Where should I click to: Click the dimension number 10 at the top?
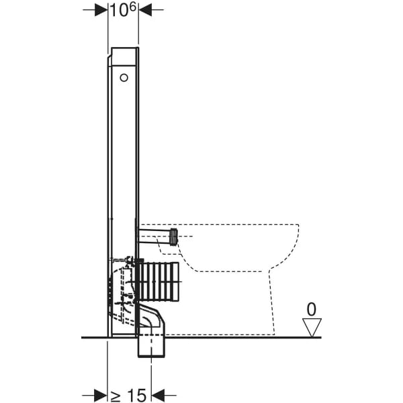[x=119, y=11]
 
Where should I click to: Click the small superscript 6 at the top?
[x=132, y=7]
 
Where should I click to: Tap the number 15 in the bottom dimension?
[x=137, y=396]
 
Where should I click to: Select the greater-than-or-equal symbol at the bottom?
[x=116, y=396]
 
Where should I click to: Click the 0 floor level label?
[x=312, y=310]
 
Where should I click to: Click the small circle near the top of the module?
[x=124, y=78]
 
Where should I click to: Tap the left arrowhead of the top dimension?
[x=101, y=10]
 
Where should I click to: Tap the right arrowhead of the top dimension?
[x=145, y=10]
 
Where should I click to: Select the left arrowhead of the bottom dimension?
[x=101, y=396]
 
